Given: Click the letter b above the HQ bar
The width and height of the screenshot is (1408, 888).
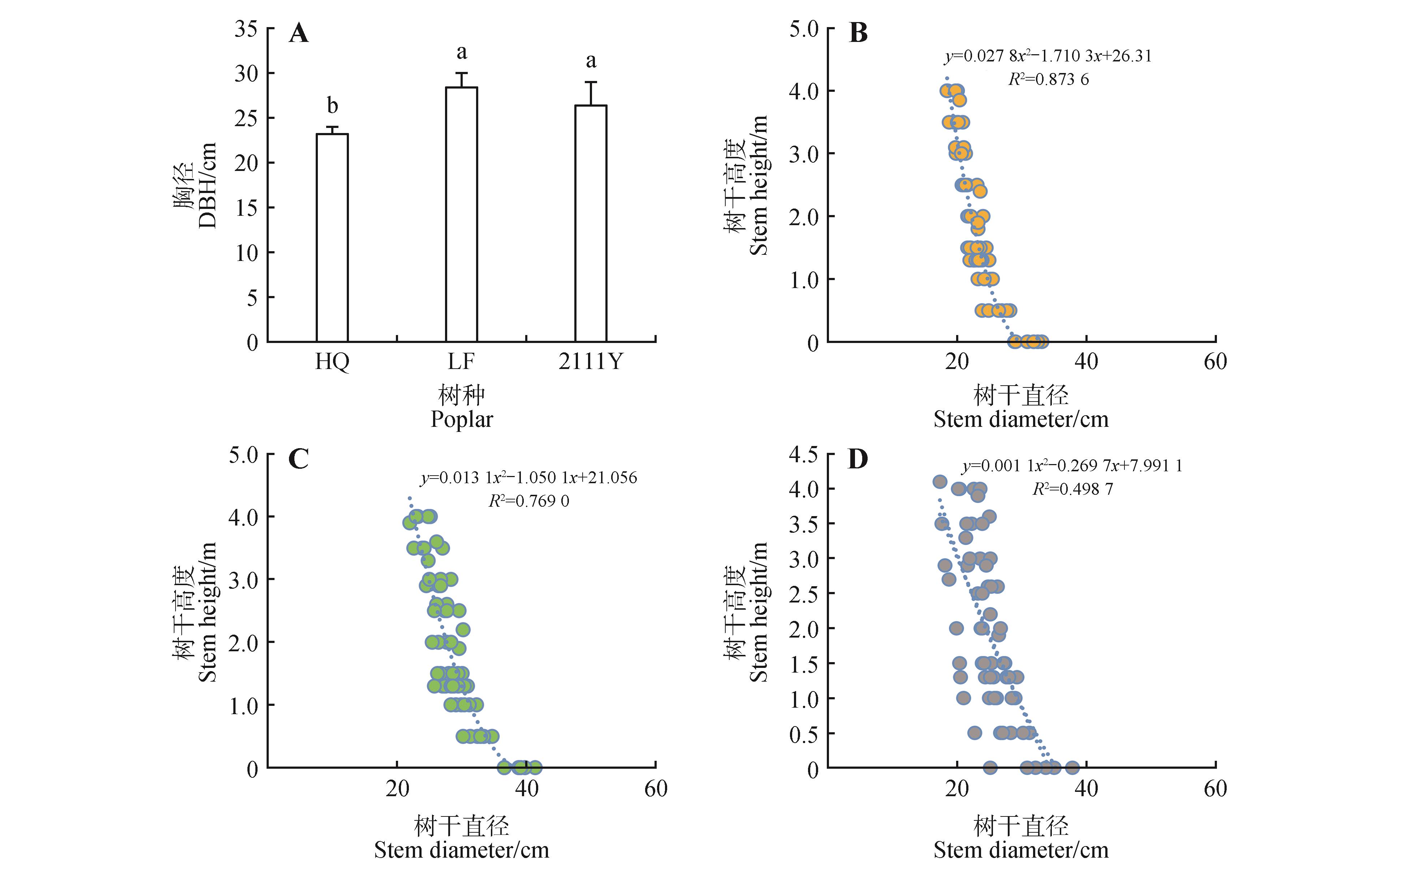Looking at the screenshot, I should coord(332,106).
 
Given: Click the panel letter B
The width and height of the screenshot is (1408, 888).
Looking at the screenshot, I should coord(858,33).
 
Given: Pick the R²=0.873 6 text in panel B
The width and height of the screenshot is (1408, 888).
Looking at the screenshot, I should coord(1048,80).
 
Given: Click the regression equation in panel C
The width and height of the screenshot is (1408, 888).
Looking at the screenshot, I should coord(528,478).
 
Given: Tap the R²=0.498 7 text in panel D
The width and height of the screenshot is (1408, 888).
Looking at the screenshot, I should coord(1072,489).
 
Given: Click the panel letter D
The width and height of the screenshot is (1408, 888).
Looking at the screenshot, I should coord(858,460).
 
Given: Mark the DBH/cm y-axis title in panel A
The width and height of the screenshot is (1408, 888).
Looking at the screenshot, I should coord(208,185).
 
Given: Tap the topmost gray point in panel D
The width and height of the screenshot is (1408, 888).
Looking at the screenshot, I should coord(940,481).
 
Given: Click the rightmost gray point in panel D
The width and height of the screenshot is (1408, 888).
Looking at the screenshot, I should coord(1072,768).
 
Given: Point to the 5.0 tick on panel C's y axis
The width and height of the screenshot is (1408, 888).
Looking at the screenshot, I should coord(243,455).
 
